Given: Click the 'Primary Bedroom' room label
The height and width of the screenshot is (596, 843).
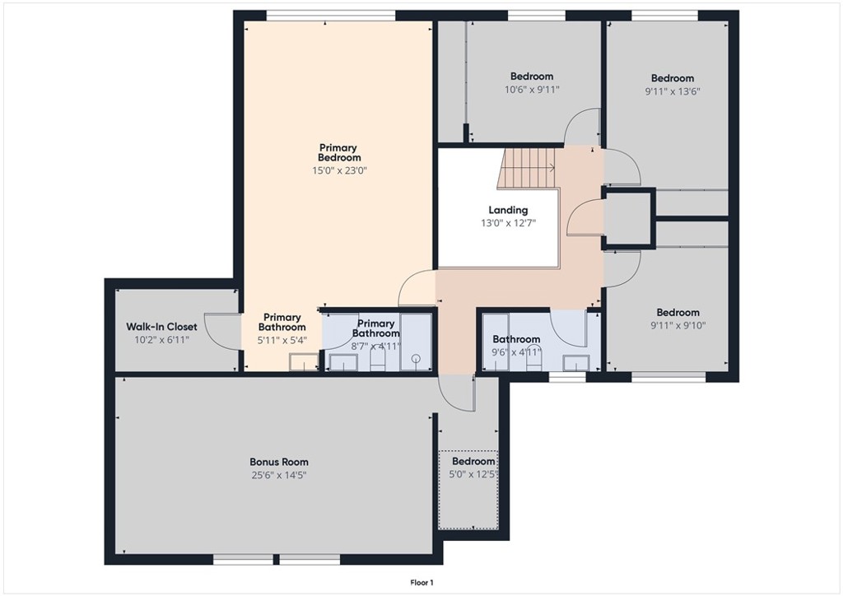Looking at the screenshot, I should pos(339,152).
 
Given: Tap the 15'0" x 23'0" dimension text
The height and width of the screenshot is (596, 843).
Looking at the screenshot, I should pos(339,171).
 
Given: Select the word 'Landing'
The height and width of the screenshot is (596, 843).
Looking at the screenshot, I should pos(508,210).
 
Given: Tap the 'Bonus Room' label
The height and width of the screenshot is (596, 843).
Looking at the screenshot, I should pos(279,462).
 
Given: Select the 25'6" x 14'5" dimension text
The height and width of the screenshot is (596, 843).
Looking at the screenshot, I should pos(279,475).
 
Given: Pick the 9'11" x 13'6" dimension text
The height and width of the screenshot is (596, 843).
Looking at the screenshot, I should pos(672,92).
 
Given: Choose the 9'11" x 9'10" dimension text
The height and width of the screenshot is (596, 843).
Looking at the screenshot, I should pos(678,325).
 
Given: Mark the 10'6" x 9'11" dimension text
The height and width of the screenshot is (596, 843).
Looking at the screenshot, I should pos(531,90).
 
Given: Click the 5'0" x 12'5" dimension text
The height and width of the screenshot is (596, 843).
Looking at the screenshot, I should pos(473,475).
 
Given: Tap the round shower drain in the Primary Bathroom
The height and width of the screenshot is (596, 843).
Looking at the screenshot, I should pos(416,358).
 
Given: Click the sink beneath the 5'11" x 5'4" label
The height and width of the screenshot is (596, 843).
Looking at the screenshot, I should pos(304,361).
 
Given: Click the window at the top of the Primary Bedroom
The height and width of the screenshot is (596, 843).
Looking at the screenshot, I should pos(330,14).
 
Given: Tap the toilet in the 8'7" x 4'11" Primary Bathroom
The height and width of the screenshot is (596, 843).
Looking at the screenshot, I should pos(378,360).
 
